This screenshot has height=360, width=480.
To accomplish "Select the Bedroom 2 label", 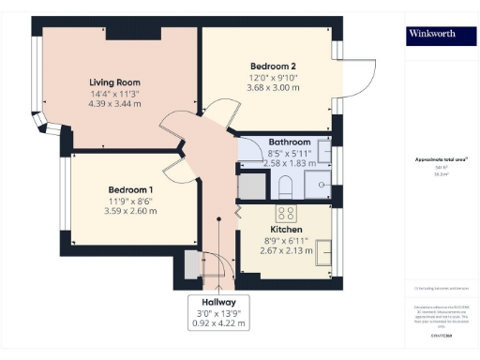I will point(274,65).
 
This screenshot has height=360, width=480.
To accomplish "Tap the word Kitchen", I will point(286,229).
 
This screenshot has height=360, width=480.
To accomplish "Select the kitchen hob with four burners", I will point(285,212).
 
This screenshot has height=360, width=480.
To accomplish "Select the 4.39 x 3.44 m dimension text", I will point(114,104).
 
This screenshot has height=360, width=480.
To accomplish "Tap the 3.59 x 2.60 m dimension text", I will point(131,210).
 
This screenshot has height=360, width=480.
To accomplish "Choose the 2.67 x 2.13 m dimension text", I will point(286,251).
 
